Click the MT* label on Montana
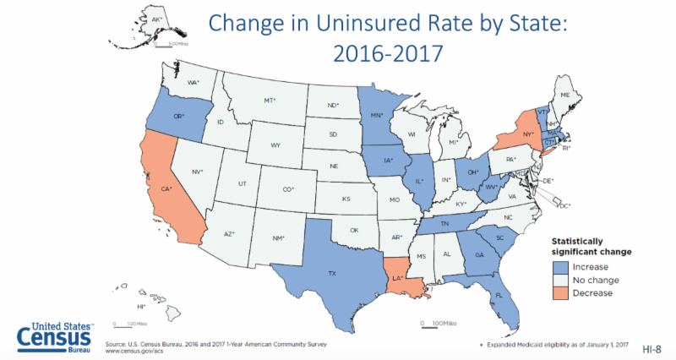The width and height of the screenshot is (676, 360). click(270, 101)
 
